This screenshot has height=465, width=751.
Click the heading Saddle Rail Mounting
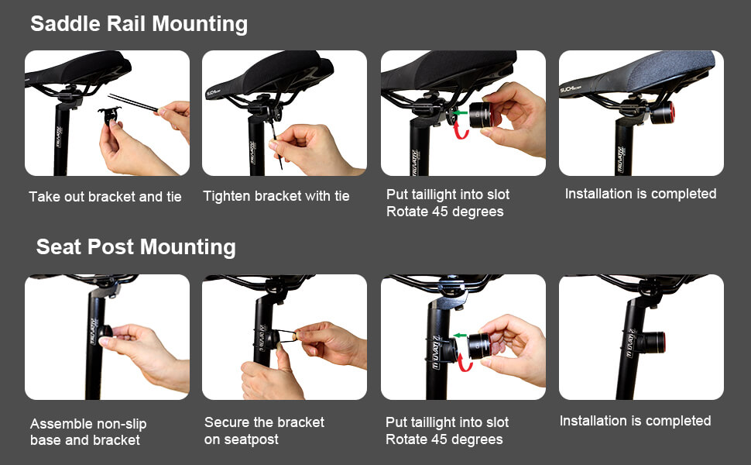coord(139,24)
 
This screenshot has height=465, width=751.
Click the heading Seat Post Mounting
coord(135,247)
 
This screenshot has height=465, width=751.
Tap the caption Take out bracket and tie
coord(105,197)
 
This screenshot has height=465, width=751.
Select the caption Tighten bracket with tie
coord(276,196)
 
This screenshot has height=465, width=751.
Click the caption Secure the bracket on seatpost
coord(264,431)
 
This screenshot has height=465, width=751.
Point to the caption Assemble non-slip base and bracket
coord(88,432)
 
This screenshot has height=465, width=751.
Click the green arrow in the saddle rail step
coord(460,113)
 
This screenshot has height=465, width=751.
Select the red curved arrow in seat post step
coord(465,360)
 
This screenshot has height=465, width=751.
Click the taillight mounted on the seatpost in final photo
coord(653,342)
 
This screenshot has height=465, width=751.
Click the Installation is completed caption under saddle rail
coord(640,194)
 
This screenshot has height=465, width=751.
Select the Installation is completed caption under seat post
coord(635,421)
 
